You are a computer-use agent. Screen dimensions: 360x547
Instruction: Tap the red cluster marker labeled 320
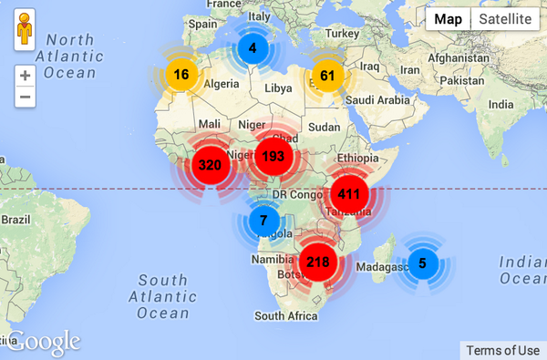pos(210,165)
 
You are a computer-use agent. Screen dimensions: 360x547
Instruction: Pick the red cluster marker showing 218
pos(317,262)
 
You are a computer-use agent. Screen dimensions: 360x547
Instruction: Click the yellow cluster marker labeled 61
pos(328,76)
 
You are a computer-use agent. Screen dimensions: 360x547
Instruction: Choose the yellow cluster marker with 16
pos(181,74)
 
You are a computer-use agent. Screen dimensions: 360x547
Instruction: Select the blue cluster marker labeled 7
pos(263,221)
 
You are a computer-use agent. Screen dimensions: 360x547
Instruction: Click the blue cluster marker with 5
pos(421,263)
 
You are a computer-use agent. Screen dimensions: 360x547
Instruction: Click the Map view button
pos(448,19)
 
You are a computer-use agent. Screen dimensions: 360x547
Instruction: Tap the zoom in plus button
pos(25,77)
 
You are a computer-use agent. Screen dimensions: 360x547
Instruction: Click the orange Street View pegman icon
pos(25,33)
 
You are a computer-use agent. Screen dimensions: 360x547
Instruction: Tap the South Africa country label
pos(286,315)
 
